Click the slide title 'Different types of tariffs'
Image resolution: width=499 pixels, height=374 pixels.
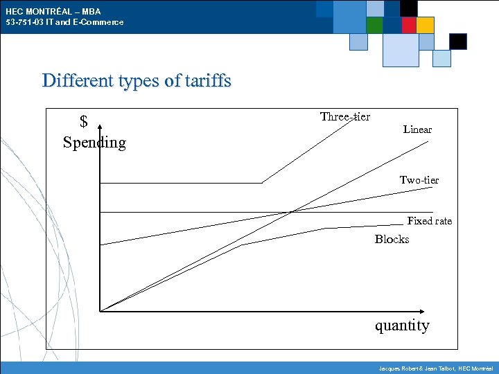137,80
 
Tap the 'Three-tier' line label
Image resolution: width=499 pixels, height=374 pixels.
345,116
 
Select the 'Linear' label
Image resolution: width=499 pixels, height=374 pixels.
417,130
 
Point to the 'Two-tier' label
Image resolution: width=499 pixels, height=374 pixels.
419,180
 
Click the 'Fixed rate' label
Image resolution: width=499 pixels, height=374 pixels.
429,221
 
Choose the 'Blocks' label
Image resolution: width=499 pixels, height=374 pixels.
392,239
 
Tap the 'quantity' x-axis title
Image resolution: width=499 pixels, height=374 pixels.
402,326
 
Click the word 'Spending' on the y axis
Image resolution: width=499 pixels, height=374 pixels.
94,143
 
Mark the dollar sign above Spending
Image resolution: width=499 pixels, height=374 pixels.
84,123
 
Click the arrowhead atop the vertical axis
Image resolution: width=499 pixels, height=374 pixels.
100,127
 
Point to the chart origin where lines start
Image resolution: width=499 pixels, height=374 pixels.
100,310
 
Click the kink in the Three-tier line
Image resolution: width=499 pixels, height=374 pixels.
262,183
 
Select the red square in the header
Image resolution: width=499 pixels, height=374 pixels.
409,25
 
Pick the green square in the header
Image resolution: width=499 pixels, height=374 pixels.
374,25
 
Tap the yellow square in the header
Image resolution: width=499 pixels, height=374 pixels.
426,25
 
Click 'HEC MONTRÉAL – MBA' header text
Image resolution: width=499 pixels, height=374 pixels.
53,11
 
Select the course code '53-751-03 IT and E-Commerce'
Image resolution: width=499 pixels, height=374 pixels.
64,22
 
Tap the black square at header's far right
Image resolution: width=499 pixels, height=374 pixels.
458,42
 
